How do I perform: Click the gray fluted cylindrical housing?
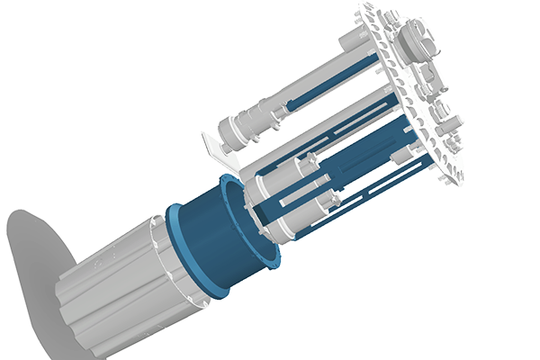point(117,288)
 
